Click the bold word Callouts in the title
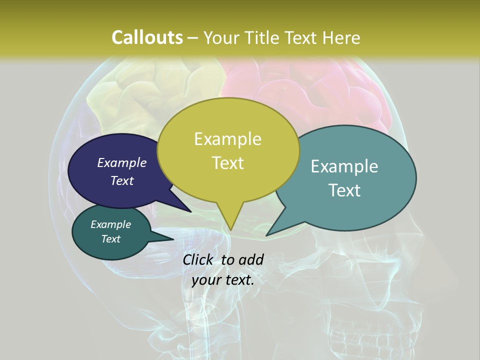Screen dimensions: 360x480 pos(147,37)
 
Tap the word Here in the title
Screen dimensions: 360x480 pos(342,37)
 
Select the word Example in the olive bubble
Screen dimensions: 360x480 pos(227,139)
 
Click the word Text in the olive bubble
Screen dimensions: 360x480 pos(227,163)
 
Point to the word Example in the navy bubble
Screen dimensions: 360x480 pos(121,162)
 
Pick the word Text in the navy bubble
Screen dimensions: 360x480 pos(121,180)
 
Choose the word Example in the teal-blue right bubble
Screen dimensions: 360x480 pos(344,166)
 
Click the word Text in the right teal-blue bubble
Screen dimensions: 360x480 pos(344,190)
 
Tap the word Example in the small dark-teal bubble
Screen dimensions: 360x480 pos(110,224)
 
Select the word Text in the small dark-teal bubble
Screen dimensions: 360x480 pos(110,239)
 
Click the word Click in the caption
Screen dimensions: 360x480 pos(199,259)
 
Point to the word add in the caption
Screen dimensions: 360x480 pos(250,259)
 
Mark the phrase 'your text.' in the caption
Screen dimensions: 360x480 pos(222,280)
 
